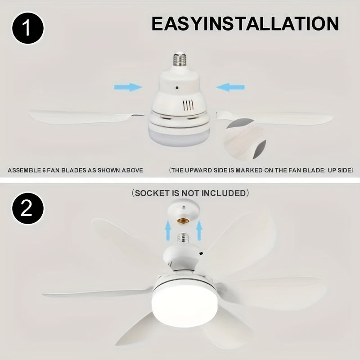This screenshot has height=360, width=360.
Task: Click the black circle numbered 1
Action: (x=28, y=28)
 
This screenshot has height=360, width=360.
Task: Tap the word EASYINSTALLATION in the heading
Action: (x=245, y=24)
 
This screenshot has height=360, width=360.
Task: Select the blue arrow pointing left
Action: (x=230, y=87)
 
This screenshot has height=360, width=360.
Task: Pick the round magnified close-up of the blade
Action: (x=246, y=139)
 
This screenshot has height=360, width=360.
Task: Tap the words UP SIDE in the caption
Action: (x=338, y=171)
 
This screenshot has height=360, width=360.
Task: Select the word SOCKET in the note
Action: (x=152, y=193)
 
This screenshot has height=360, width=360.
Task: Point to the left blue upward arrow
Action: (x=167, y=231)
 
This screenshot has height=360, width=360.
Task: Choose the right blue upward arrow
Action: (x=199, y=231)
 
